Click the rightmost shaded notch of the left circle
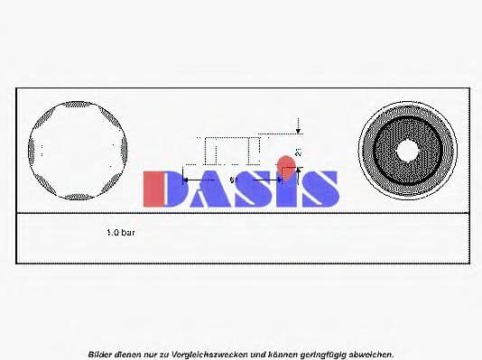click(123, 150)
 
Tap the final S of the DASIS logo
click(320, 189)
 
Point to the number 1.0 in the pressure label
click(114, 232)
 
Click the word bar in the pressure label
click(129, 232)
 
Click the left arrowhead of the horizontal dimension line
click(188, 180)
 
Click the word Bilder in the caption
click(101, 354)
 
